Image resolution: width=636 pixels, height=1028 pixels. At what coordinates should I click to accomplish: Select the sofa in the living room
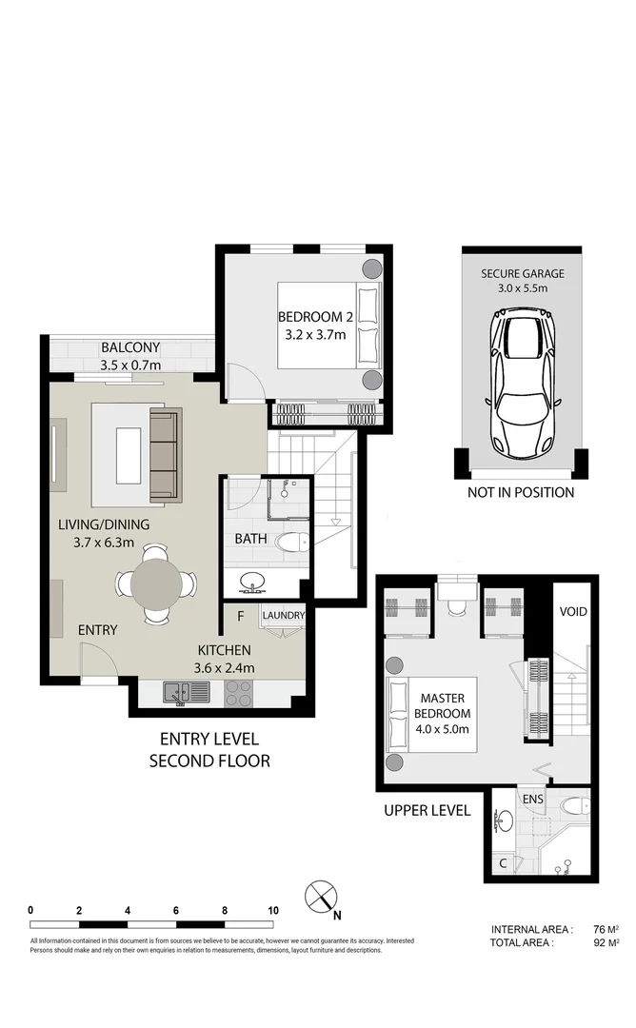pyautogui.click(x=164, y=457)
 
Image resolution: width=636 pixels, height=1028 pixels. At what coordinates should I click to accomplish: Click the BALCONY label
pyautogui.click(x=130, y=347)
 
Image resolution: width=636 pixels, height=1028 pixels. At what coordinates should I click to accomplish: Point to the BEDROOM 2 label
pyautogui.click(x=310, y=317)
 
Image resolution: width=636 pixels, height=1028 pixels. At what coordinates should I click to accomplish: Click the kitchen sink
pyautogui.click(x=179, y=692)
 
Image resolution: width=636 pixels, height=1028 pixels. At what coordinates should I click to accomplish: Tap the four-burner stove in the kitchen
pyautogui.click(x=238, y=693)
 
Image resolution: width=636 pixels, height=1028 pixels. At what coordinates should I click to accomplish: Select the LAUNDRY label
pyautogui.click(x=283, y=616)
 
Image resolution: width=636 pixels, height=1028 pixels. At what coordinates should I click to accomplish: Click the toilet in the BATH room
pyautogui.click(x=290, y=543)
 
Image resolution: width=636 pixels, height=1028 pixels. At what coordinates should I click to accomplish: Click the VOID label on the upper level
pyautogui.click(x=572, y=612)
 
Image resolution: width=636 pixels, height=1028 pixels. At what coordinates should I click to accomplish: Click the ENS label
pyautogui.click(x=531, y=801)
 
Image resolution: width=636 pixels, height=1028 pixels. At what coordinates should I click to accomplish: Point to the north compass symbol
pyautogui.click(x=321, y=897)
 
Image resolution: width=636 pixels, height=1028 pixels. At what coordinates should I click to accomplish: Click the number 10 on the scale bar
pyautogui.click(x=273, y=910)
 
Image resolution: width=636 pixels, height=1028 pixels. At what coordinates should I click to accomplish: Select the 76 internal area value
pyautogui.click(x=598, y=930)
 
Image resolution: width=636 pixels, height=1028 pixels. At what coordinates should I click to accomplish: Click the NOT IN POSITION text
pyautogui.click(x=521, y=492)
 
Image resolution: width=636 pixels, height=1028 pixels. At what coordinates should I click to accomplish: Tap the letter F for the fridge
pyautogui.click(x=241, y=616)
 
